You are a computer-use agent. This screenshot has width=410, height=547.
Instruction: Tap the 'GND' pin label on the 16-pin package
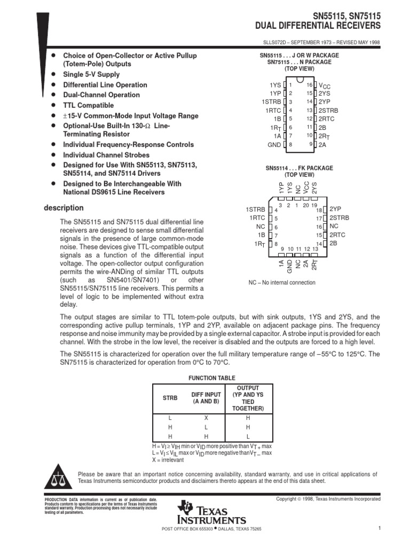click(274, 144)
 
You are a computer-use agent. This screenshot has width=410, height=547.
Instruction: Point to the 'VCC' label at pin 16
click(325, 85)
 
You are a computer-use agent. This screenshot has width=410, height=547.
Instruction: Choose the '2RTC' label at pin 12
click(327, 119)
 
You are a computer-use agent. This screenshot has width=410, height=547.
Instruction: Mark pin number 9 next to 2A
click(310, 144)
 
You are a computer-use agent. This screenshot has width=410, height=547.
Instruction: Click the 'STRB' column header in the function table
click(169, 398)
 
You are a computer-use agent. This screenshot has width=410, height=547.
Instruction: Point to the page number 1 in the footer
click(378, 529)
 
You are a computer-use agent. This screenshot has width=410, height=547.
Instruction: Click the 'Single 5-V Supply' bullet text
click(91, 75)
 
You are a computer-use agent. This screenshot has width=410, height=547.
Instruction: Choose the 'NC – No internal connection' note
click(282, 283)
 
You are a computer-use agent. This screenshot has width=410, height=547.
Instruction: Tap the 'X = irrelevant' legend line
click(168, 459)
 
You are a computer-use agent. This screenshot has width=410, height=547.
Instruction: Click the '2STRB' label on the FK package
click(339, 218)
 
